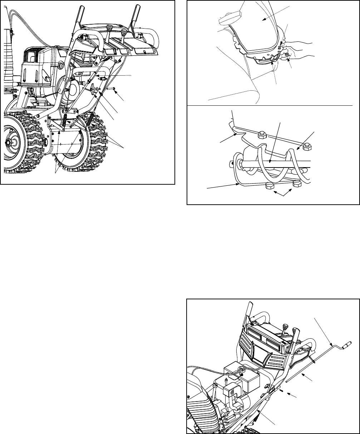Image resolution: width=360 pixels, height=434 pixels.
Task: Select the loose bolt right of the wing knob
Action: (112, 88)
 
